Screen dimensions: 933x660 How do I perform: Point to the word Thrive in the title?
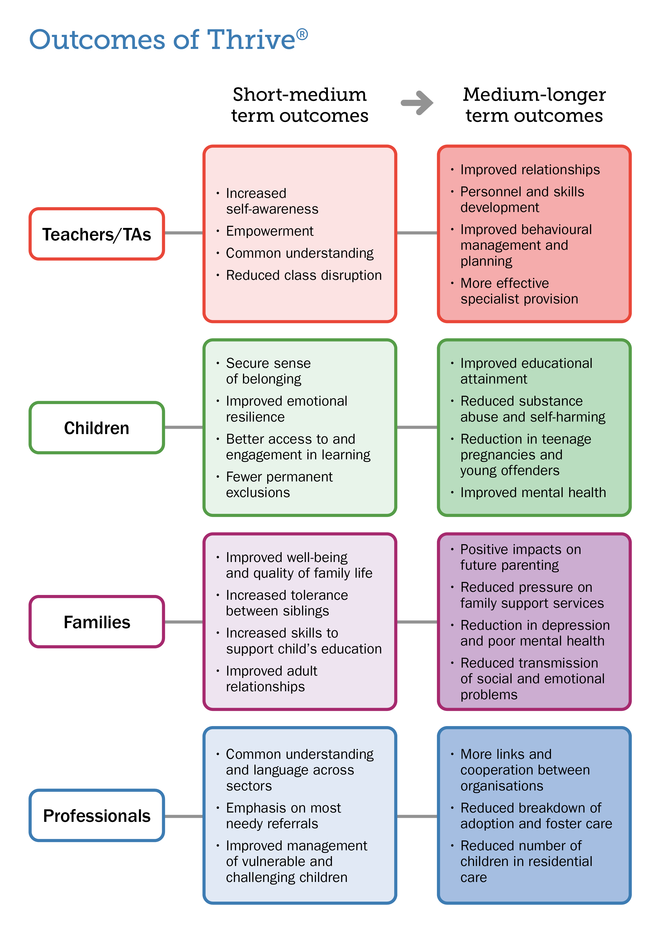pos(251,40)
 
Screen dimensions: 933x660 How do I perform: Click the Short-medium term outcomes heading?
pos(300,105)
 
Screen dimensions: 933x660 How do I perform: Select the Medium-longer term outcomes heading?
pos(534,105)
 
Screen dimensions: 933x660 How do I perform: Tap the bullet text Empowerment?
pos(270,231)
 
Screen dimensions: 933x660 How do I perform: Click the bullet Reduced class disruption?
pos(303,275)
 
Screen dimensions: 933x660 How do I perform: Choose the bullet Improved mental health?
pos(533,493)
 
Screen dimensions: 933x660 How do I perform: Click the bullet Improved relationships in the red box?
pos(530,169)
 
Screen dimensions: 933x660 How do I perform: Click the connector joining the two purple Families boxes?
pos(417,622)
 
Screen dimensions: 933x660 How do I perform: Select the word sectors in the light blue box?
pos(249,786)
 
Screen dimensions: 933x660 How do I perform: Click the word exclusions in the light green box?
pos(258,493)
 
